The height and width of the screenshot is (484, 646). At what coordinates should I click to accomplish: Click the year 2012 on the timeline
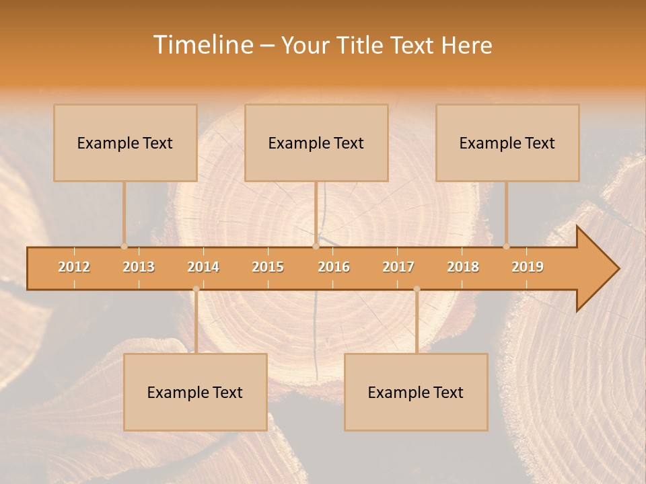tap(74, 267)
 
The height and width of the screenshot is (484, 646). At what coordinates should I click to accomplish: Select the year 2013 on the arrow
tap(139, 267)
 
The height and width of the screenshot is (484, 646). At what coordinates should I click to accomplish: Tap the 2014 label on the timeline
tap(203, 267)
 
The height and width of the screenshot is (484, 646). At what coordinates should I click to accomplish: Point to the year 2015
tap(268, 267)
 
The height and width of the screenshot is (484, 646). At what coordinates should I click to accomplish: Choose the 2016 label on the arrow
tap(334, 267)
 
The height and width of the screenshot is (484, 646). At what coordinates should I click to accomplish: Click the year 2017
tap(398, 267)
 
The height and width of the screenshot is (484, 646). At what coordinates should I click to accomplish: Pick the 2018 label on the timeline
tap(463, 267)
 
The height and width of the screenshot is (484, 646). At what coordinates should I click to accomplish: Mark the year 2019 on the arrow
tap(528, 267)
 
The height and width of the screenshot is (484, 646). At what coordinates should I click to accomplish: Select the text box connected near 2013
tap(125, 143)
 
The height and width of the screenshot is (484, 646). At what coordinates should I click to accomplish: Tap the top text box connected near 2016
tap(316, 143)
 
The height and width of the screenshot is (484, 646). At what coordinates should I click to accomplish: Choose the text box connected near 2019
tap(507, 143)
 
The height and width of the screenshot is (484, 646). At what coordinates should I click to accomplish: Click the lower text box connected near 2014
tap(195, 392)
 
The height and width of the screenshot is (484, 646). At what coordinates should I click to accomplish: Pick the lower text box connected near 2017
tap(416, 392)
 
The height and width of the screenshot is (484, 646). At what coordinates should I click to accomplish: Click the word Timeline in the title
tap(202, 45)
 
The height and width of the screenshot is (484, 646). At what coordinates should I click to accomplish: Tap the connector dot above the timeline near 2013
tap(124, 246)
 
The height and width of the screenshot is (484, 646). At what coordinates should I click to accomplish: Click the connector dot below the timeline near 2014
tap(196, 289)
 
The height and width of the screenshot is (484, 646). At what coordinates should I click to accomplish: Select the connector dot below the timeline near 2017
tap(417, 289)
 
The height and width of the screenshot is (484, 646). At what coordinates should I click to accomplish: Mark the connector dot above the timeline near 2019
tap(507, 246)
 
